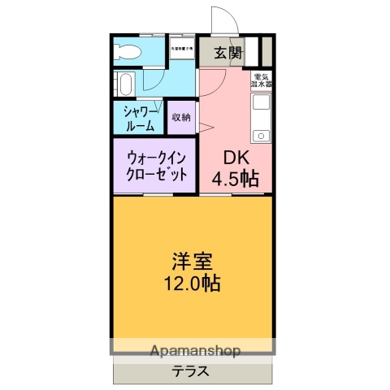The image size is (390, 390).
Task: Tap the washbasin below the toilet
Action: (126, 83)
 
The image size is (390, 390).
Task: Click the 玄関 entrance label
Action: (227, 54)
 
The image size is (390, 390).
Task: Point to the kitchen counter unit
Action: (262, 118)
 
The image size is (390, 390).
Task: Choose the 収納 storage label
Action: (181, 118)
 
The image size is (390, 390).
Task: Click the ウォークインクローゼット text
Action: (154, 166)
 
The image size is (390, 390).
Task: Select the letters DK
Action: (227, 158)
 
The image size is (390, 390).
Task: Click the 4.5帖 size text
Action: (236, 179)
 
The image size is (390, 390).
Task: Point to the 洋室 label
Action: (193, 262)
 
